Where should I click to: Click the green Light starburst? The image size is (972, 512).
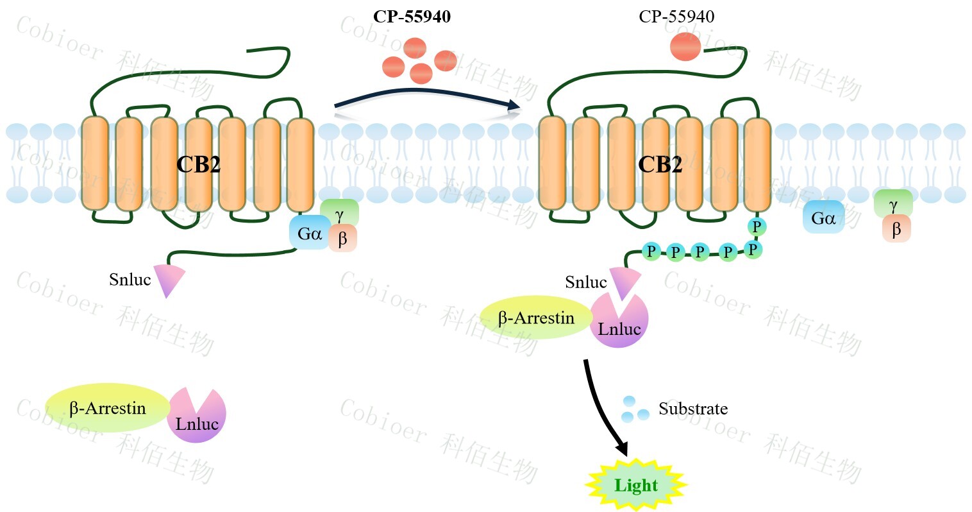636,485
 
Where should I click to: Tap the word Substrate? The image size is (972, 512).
693,409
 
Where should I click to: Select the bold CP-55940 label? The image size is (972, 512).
412,17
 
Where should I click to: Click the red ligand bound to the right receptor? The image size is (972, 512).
685,47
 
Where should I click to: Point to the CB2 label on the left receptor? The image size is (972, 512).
198,165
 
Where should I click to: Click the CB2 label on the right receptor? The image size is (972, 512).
660,165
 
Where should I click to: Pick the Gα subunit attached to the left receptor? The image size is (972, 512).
310,234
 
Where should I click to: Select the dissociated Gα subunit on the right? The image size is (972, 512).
823,219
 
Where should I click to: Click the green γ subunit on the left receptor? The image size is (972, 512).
340,212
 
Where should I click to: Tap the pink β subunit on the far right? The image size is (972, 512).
896,228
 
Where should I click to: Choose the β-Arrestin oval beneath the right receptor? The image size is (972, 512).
536,318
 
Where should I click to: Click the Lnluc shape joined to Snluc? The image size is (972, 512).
619,324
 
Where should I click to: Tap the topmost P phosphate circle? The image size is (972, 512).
757,226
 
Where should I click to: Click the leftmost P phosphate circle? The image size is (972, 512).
651,251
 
